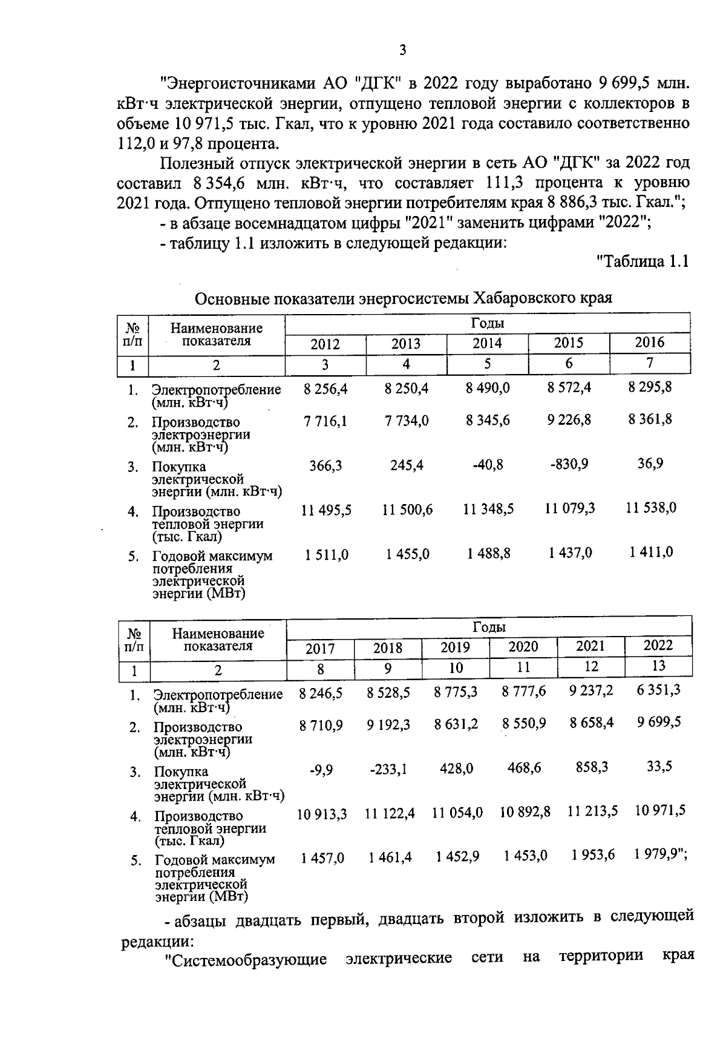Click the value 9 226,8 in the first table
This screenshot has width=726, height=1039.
click(x=569, y=419)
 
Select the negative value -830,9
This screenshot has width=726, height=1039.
click(x=568, y=464)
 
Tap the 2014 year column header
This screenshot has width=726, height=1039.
click(x=487, y=344)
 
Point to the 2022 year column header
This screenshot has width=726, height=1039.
click(x=658, y=645)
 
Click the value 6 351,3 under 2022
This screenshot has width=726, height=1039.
click(x=658, y=690)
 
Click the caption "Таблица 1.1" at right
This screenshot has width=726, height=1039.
click(x=643, y=261)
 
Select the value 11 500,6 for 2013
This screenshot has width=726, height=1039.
click(x=407, y=510)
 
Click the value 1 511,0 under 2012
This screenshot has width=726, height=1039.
click(x=326, y=554)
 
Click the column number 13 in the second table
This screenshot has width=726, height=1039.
click(x=658, y=666)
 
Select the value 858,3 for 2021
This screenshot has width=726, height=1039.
click(x=590, y=767)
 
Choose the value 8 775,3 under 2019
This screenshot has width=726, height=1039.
click(x=455, y=692)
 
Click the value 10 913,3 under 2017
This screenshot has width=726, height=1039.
click(x=321, y=814)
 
